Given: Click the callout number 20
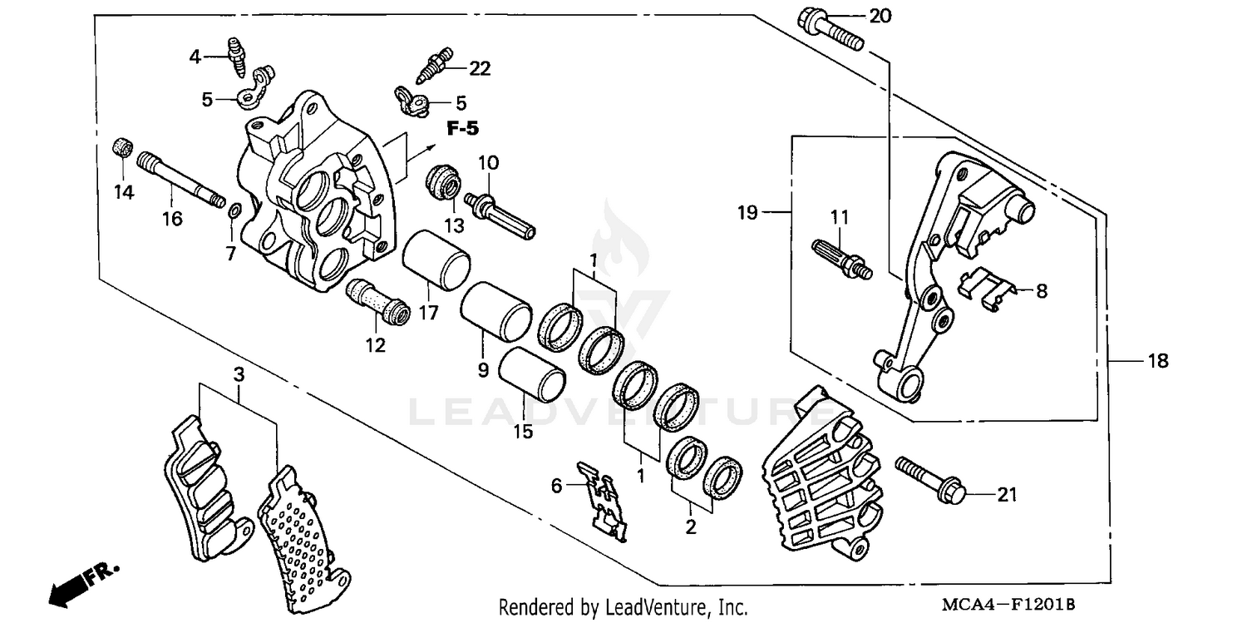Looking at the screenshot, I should [879, 17].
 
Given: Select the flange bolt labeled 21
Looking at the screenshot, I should [930, 481].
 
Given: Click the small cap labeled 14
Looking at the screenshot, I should [122, 149].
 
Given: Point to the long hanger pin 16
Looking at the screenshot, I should [180, 178].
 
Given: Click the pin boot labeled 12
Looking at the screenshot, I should [377, 302].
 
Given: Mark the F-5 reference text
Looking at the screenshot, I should [462, 129].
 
